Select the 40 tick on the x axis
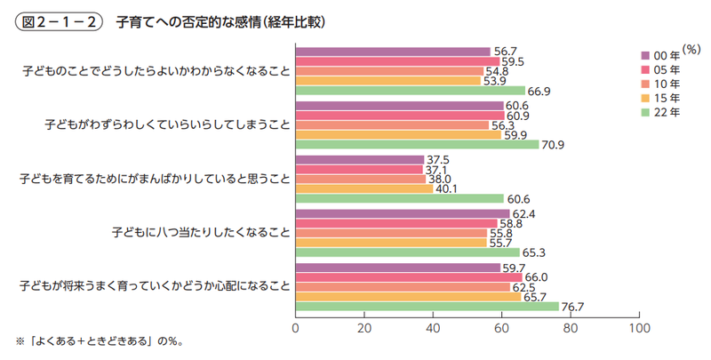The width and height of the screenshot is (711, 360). coord(432,327)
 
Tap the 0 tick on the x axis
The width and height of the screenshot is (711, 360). coord(295,327)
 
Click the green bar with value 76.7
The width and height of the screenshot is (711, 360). coord(427,306)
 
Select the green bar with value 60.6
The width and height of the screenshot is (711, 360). coord(399,198)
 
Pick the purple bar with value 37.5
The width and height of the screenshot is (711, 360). coord(359,159)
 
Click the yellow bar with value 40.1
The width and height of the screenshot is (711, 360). coord(363,188)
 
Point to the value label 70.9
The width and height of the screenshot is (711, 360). coord(554,145)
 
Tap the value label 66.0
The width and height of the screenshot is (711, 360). coord(537,276)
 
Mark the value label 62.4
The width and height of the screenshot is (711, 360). coord(524,213)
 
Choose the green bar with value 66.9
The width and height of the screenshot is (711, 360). coord(410,91)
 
